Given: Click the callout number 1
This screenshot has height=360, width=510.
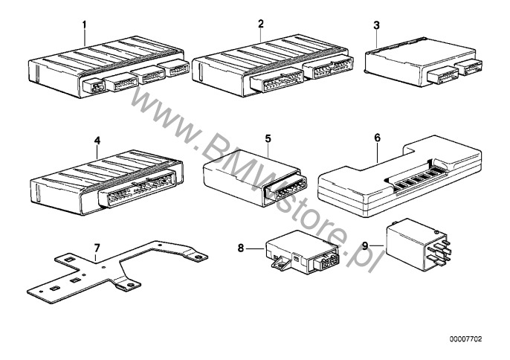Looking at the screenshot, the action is point(84,25).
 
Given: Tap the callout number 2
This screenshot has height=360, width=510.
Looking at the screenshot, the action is point(261,24).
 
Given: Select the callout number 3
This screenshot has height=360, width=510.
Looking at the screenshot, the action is point(377,25).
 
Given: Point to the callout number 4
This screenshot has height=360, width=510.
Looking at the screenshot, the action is point(97,141).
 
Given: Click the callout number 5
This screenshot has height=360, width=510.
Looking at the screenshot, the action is point(268,138).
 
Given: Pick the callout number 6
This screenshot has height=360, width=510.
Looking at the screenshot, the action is point(378,138).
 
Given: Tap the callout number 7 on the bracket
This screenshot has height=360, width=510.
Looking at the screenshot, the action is point(97,248).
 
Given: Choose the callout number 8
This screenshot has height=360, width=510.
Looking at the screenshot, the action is point(241,248).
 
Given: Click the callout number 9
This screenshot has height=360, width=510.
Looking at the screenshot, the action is point(365,245).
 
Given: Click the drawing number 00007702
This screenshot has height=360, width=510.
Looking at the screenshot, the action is point(465,339).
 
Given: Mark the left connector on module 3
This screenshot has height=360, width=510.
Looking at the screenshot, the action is point(442,76).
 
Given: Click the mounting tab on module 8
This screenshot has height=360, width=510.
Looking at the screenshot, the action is point(279,263).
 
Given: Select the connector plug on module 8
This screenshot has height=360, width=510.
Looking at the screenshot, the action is point(326,261).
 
